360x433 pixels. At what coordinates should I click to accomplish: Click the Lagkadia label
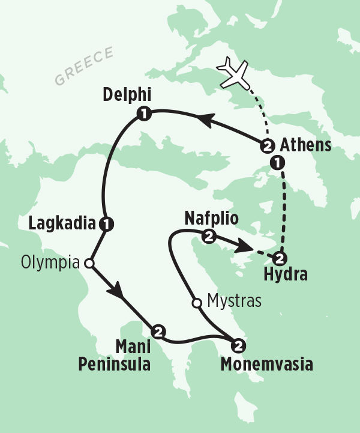coord(62,224)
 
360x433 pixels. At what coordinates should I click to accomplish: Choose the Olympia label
coord(50,262)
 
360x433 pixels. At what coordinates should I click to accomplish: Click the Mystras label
coord(234,301)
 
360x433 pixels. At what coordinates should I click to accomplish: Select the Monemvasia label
coord(266,364)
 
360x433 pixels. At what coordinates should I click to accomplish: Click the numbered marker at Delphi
coord(143,112)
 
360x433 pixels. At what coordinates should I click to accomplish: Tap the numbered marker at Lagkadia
coord(107,224)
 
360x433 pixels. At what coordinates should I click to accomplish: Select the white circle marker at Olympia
coord(89,263)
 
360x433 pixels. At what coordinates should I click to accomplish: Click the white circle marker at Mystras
coord(196,303)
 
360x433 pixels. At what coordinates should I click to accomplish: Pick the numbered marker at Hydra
coord(279,259)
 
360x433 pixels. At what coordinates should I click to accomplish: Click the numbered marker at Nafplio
coord(208,236)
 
